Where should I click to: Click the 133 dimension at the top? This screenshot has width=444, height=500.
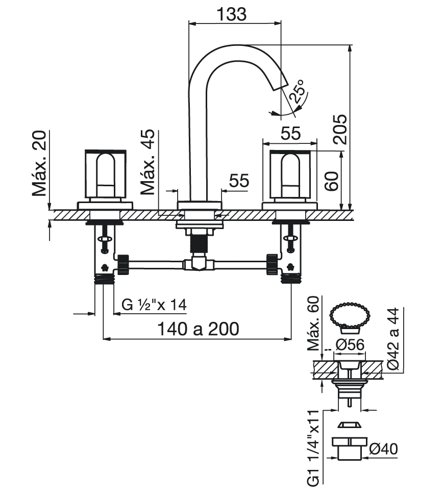(x=232, y=14)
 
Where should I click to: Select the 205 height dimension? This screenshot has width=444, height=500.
(x=339, y=129)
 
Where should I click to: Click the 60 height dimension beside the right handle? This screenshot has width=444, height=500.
(x=331, y=181)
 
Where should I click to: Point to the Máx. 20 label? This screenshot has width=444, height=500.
(x=39, y=163)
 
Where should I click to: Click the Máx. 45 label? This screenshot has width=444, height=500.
(x=147, y=162)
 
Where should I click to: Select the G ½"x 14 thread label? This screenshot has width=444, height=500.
(x=154, y=305)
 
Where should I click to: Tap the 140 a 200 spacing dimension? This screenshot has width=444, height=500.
(x=198, y=329)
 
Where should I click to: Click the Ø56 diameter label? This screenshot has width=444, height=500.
(x=350, y=344)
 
